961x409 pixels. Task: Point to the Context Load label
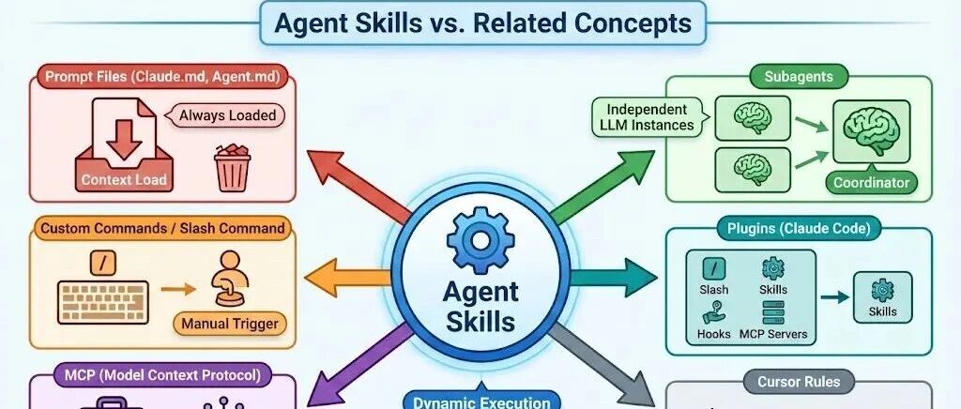pyautogui.click(x=124, y=179)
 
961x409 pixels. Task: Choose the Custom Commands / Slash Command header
pyautogui.click(x=162, y=227)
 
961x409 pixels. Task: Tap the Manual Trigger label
pyautogui.click(x=230, y=325)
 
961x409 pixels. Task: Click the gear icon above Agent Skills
pyautogui.click(x=480, y=239)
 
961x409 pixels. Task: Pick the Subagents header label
pyautogui.click(x=799, y=75)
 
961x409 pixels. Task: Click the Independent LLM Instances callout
pyautogui.click(x=647, y=117)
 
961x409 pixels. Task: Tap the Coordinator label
pyautogui.click(x=872, y=183)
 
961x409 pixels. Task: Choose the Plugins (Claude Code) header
pyautogui.click(x=799, y=227)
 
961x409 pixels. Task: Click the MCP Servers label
pyautogui.click(x=774, y=334)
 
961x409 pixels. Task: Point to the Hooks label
pyautogui.click(x=713, y=334)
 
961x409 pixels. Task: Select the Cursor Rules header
pyautogui.click(x=798, y=382)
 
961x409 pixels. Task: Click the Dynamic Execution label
pyautogui.click(x=480, y=401)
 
